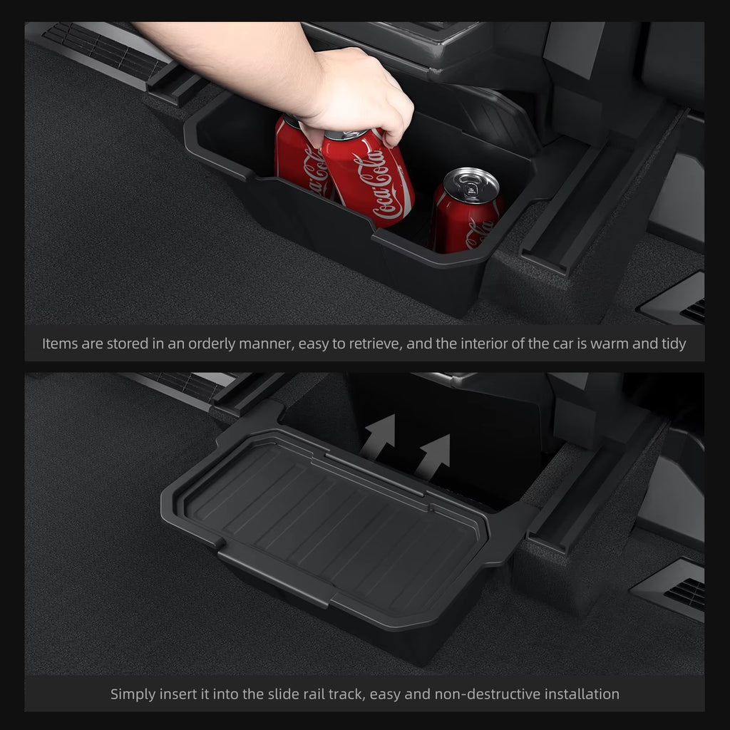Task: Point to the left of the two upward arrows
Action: (x=380, y=436)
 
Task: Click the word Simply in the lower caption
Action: (x=132, y=694)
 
